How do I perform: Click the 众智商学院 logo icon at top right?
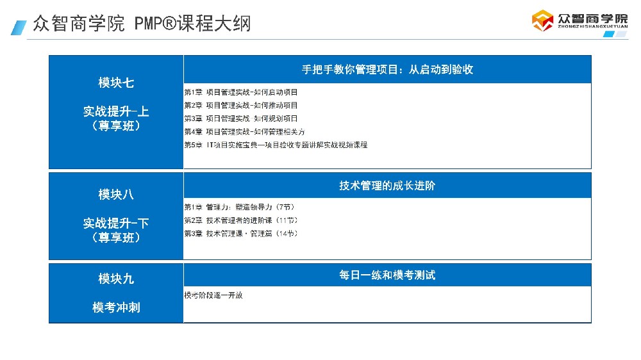pos(543,20)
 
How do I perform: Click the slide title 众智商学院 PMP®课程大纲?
pos(141,24)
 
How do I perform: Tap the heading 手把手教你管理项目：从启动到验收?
pos(387,69)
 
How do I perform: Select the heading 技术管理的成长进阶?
pos(387,186)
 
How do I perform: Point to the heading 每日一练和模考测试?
pos(387,275)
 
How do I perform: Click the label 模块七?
pos(116,83)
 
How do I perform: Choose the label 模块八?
pos(116,194)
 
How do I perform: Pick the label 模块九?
pos(116,279)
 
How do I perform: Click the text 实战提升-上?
pos(116,111)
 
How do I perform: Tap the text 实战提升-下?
pos(116,223)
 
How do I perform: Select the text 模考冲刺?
pos(116,307)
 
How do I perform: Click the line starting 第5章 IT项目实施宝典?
pos(276,145)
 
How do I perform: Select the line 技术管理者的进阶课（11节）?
pos(241,220)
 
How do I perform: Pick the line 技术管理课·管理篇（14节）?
pos(241,234)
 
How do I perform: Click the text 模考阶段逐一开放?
pos(213,295)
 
